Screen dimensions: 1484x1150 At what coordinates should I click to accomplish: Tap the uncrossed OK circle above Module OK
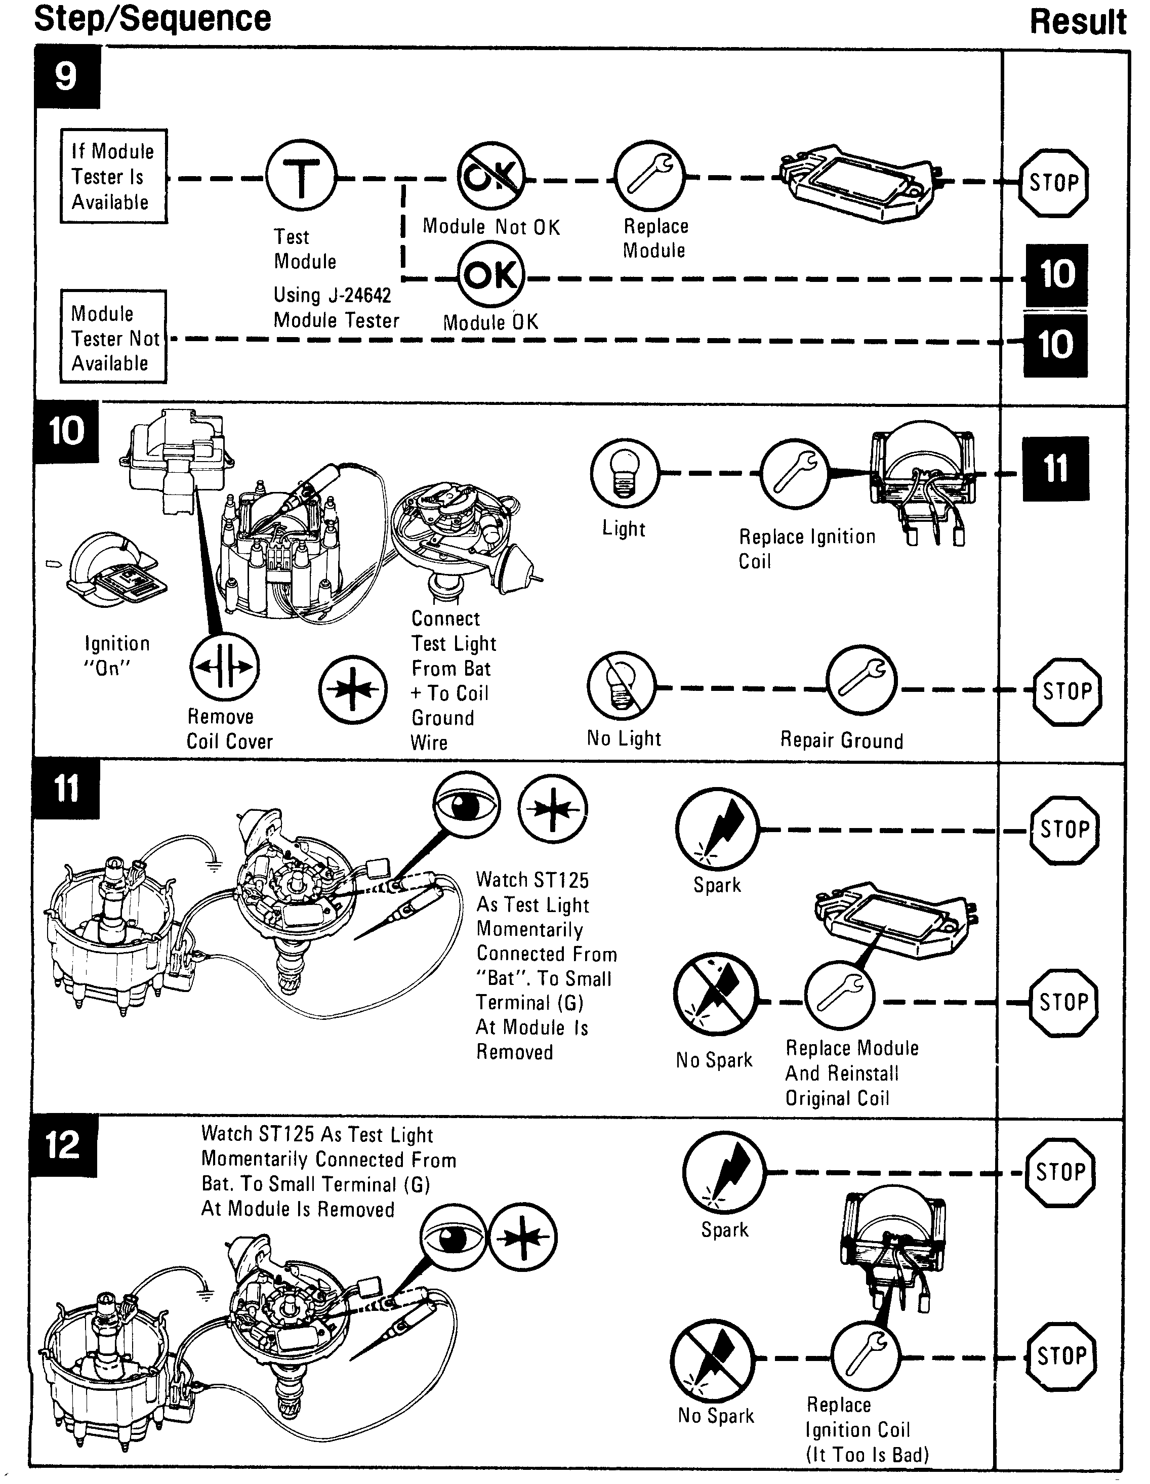click(x=490, y=275)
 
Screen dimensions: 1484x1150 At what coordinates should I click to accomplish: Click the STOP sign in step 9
click(x=1053, y=183)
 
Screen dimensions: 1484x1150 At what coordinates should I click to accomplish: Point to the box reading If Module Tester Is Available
click(x=113, y=176)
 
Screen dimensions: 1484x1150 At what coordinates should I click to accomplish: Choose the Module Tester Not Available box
click(x=113, y=337)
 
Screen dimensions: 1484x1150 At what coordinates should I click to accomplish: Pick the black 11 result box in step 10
click(x=1055, y=469)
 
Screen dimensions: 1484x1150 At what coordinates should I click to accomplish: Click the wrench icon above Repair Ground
click(x=861, y=681)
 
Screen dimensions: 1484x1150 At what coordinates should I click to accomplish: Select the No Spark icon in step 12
click(x=712, y=1359)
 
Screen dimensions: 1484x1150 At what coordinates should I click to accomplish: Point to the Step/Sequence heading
click(x=152, y=18)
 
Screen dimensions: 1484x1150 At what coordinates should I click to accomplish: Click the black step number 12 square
click(x=64, y=1145)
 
